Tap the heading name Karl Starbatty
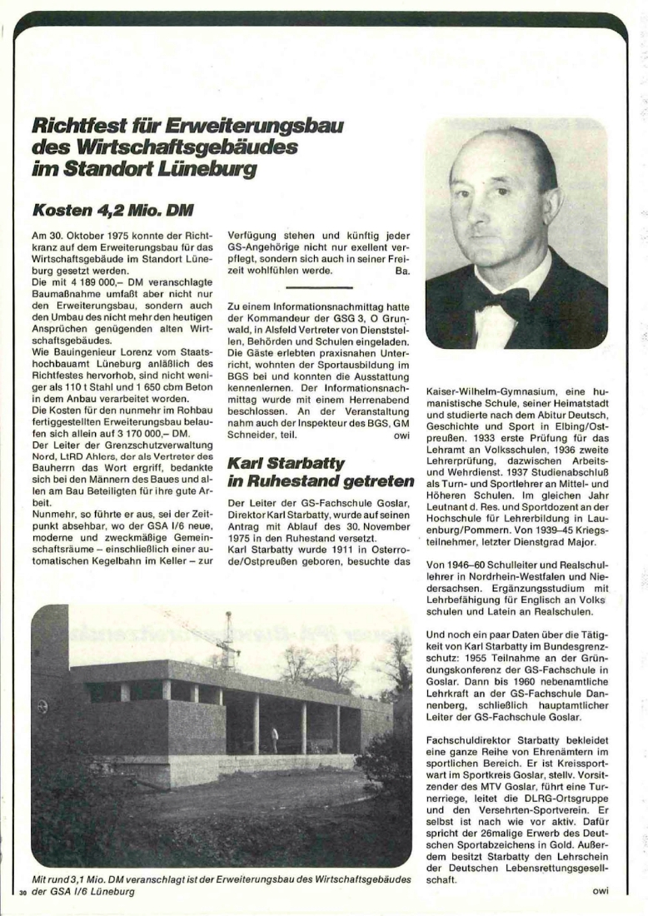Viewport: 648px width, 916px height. click(x=286, y=463)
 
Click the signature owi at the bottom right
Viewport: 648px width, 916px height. click(x=601, y=892)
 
